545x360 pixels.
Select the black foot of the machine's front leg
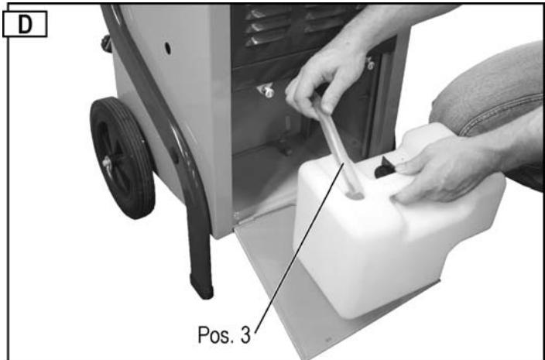coord(203,285)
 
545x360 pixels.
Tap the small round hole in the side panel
coord(166,48)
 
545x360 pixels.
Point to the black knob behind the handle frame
coord(105,43)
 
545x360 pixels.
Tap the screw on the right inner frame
coord(372,65)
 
